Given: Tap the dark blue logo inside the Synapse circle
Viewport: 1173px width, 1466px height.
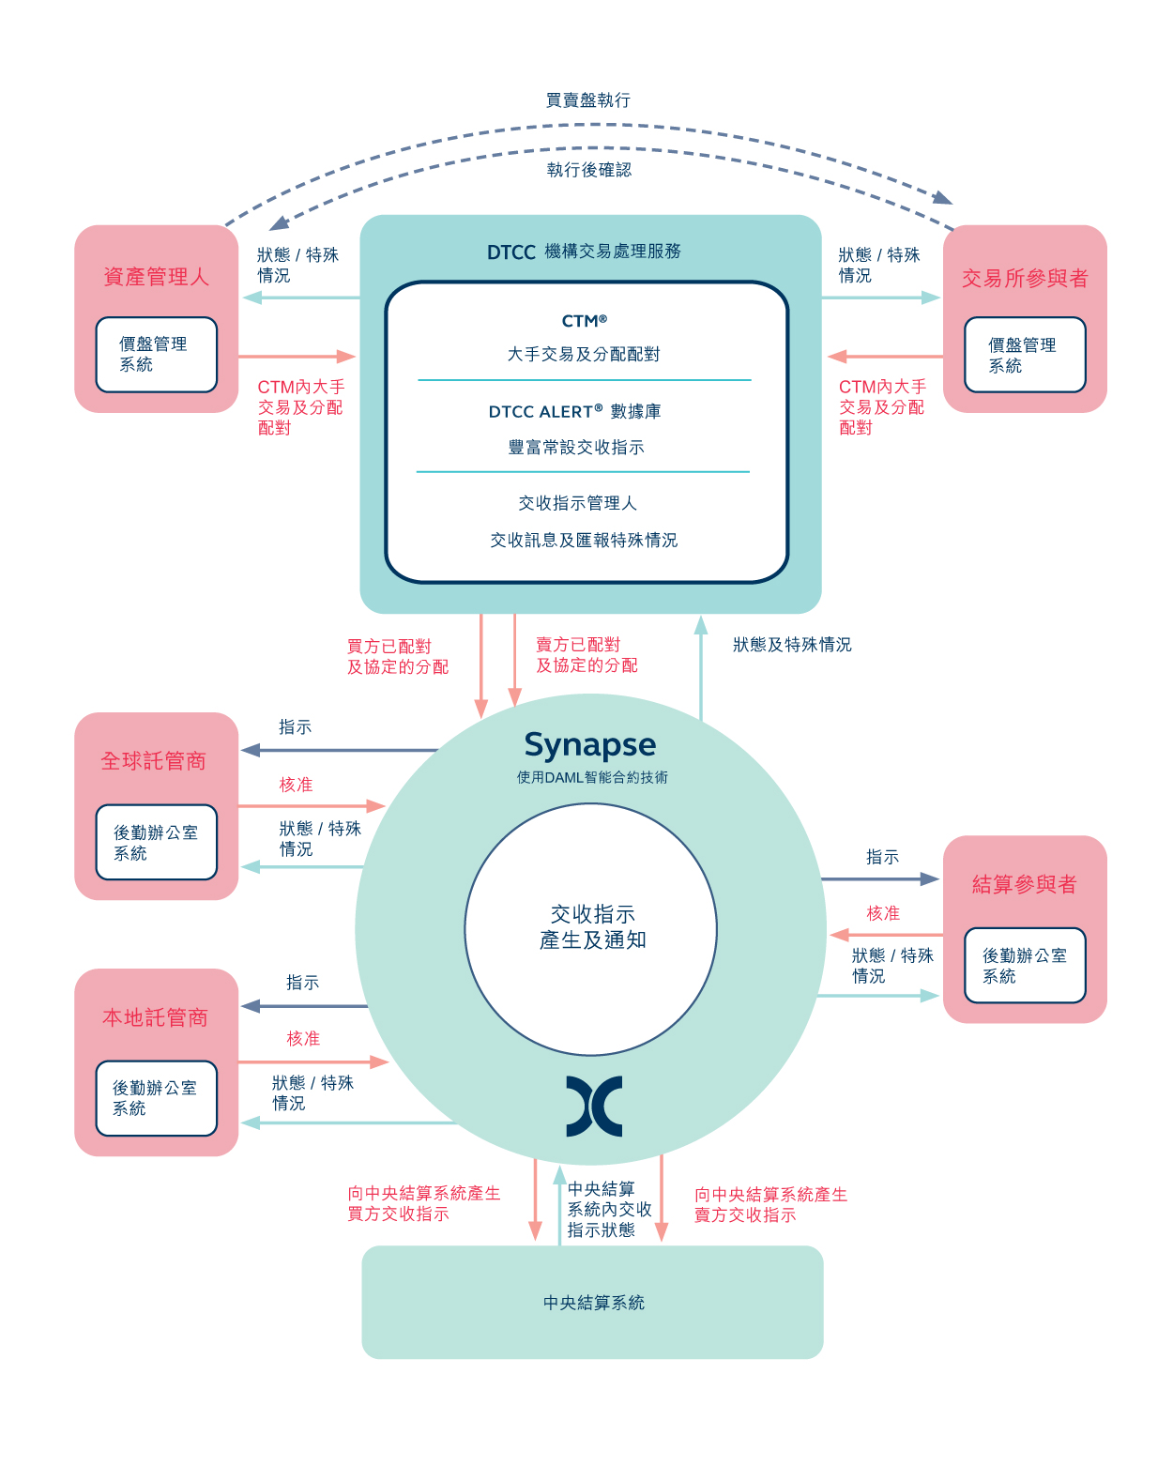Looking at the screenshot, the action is coord(593,1106).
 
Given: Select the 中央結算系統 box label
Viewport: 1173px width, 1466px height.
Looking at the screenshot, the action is coord(593,1302).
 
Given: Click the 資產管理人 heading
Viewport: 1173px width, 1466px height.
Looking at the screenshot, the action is coord(156,277).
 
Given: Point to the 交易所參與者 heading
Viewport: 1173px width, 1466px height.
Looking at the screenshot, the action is coord(1024,278).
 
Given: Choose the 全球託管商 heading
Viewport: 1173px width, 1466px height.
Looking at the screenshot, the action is coord(153,760).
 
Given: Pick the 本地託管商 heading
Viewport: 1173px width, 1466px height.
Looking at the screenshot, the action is coord(156,1017).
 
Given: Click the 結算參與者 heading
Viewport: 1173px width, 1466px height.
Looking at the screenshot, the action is coord(1023,883).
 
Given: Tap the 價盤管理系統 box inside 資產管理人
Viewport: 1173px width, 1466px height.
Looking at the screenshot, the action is coord(156,354).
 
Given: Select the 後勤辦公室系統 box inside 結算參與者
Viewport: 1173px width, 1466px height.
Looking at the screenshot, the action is coord(1025,965).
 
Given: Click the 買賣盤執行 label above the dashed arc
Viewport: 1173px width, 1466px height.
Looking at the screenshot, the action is coord(587,100).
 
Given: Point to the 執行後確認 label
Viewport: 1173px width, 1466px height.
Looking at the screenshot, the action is coord(588,170).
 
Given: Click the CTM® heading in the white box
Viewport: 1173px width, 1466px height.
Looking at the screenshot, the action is coord(584,320).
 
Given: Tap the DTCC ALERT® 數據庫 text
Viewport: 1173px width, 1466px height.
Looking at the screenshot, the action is coord(574,411).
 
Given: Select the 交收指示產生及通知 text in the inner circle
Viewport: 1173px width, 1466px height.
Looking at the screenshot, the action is coord(592,926).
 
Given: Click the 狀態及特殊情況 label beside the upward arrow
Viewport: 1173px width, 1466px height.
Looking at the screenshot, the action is coord(791,645).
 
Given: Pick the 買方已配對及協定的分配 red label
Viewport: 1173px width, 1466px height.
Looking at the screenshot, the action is coord(398,656).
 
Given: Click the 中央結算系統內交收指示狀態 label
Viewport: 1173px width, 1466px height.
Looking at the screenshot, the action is coord(609,1209).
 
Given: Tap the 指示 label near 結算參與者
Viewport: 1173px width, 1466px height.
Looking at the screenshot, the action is coord(882,857).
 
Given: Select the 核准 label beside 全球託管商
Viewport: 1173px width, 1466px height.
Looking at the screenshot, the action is coord(296,785).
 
